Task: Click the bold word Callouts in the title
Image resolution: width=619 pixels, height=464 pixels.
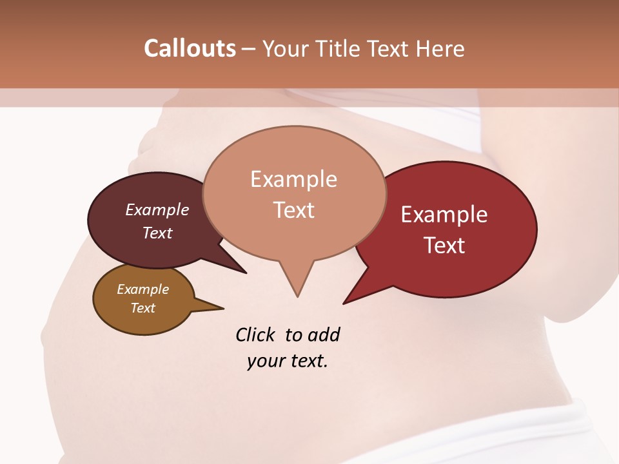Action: [190, 48]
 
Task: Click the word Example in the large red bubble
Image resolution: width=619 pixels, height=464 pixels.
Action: [444, 215]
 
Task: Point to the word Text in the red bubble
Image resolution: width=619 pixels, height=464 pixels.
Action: [444, 246]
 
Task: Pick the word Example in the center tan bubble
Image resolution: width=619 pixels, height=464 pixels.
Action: [293, 179]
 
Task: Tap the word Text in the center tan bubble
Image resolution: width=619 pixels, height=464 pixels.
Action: [293, 210]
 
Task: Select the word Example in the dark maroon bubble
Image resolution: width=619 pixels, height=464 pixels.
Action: [157, 209]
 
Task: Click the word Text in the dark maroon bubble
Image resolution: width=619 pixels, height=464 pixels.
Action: [157, 233]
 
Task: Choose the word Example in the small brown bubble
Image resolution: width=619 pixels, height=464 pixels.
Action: [142, 289]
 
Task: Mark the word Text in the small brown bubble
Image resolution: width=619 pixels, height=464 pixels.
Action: [142, 308]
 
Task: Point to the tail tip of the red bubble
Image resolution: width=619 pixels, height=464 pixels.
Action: [345, 302]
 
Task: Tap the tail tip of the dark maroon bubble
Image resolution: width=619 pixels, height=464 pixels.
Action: [245, 272]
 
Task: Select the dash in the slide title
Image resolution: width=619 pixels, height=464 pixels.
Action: [249, 49]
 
